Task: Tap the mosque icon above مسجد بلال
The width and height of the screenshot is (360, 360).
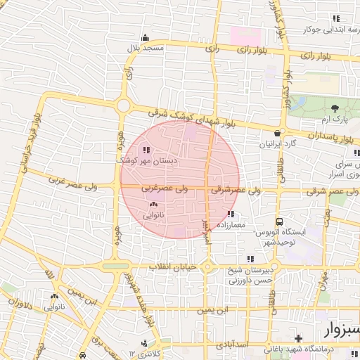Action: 146,38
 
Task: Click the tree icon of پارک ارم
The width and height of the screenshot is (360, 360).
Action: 335,108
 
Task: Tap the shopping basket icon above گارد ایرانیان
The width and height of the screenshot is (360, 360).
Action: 279,133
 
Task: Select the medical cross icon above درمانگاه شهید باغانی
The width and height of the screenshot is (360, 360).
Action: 299,338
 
